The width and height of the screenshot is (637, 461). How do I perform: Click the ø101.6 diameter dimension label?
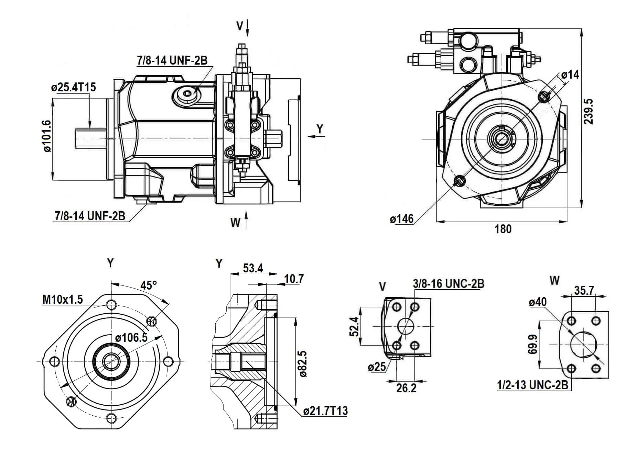[47, 136]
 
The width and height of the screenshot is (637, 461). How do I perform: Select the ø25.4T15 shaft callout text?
[73, 87]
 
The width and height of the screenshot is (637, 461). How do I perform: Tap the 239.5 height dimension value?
[589, 111]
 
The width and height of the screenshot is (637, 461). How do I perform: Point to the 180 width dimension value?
[503, 229]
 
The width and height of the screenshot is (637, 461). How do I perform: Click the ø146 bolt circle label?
[402, 219]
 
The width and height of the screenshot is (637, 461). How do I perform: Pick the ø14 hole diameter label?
[570, 75]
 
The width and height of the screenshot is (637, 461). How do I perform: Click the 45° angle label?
[149, 285]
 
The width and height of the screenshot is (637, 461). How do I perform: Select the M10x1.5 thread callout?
[63, 300]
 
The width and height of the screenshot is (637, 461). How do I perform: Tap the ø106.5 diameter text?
[131, 338]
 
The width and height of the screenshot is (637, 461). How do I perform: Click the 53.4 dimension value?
[253, 268]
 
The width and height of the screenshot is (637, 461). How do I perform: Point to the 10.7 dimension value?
[294, 279]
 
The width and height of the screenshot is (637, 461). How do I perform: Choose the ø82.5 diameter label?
[303, 364]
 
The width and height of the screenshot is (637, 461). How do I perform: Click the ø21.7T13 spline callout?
[325, 411]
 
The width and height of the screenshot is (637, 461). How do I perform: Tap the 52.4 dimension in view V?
[355, 326]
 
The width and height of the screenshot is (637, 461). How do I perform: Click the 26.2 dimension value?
[406, 388]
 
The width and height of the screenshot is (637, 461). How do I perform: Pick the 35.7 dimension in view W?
[584, 291]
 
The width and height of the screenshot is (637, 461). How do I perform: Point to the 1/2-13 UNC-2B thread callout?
[532, 385]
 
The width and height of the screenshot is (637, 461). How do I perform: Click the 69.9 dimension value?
[533, 345]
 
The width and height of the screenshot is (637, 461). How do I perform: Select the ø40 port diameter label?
[538, 302]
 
